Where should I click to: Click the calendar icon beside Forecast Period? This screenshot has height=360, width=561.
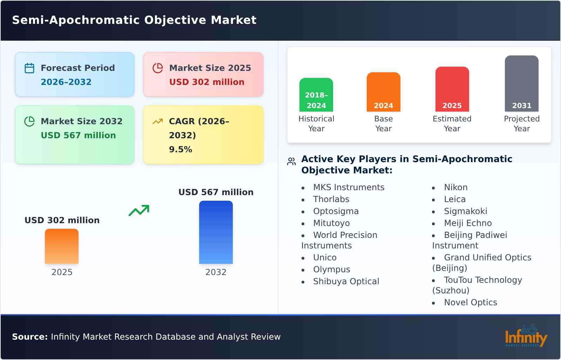click(x=29, y=68)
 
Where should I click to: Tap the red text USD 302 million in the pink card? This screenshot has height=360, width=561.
click(x=207, y=82)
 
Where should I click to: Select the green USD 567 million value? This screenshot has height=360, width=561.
click(x=78, y=135)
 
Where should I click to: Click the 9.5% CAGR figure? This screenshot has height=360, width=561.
click(x=180, y=149)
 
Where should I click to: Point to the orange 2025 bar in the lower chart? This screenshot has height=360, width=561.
click(x=62, y=246)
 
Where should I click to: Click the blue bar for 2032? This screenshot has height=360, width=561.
click(x=216, y=232)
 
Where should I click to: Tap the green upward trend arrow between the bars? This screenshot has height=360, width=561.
click(x=139, y=211)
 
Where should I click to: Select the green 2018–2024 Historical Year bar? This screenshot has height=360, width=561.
click(x=316, y=95)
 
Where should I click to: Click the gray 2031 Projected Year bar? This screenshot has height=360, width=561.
click(x=521, y=84)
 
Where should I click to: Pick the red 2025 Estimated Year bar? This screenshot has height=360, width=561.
click(x=452, y=89)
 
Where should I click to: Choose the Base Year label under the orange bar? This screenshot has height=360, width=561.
click(x=383, y=124)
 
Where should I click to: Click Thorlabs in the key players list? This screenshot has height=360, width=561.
click(x=331, y=199)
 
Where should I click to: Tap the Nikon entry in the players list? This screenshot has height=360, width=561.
click(x=455, y=187)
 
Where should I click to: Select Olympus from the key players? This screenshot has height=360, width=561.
click(x=331, y=269)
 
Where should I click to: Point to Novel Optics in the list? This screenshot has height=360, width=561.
click(x=470, y=302)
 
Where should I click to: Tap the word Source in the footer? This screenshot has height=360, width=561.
click(x=29, y=337)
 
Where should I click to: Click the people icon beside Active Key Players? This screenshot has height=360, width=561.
click(x=291, y=161)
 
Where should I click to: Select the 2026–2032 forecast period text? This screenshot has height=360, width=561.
click(x=66, y=82)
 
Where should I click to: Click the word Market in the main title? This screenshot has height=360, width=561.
click(x=234, y=20)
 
